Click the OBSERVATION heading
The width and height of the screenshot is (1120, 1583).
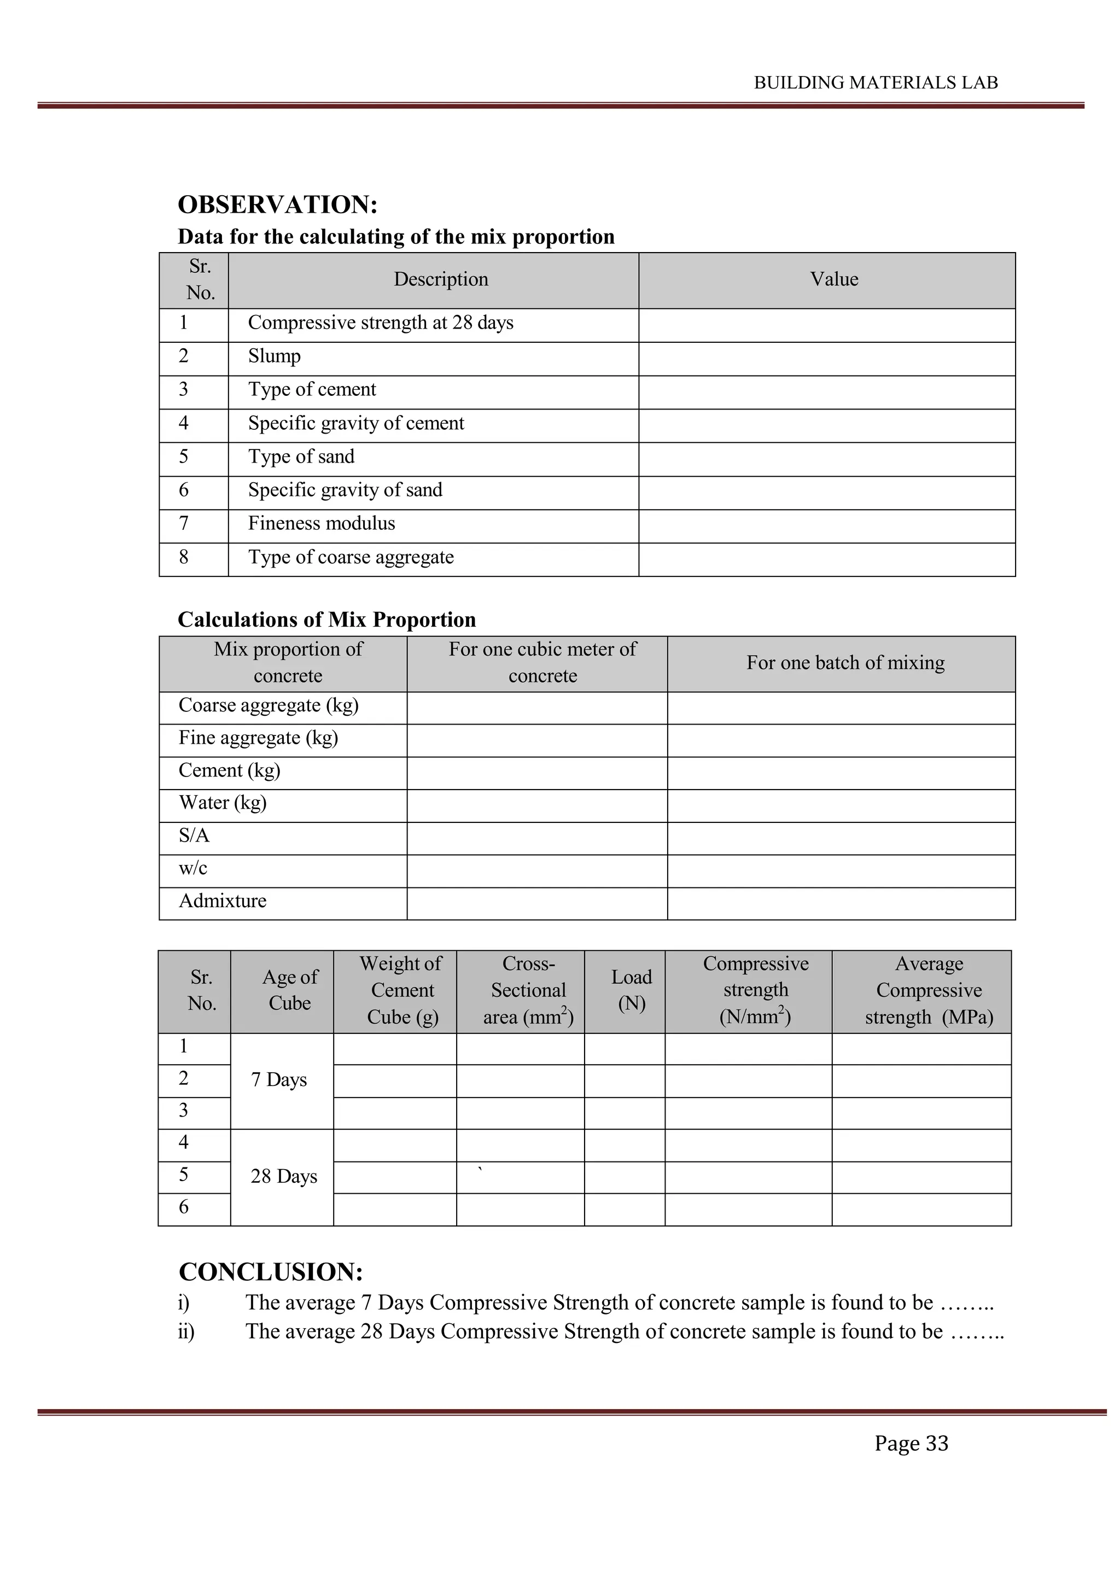277,205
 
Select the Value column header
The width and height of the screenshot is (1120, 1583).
834,279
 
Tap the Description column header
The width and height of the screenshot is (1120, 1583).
441,279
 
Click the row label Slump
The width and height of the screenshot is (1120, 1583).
275,357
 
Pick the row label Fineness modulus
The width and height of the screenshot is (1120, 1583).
322,523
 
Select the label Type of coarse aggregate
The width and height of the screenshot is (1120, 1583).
351,557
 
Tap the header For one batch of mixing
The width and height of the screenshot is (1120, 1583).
845,663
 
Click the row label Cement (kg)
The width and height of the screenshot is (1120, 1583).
230,770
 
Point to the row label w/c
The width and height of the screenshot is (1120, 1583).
193,868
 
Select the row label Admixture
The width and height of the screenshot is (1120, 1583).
223,901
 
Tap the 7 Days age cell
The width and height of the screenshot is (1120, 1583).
278,1080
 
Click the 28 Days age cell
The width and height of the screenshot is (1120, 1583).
283,1176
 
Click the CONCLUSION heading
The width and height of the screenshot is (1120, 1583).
271,1271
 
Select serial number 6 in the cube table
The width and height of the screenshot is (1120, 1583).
183,1207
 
